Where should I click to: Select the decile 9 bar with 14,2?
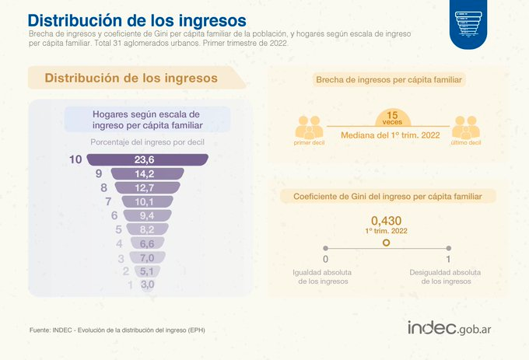(145, 173)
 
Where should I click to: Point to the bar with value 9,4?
(145, 215)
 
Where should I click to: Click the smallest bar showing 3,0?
(146, 285)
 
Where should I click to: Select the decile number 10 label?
(75, 159)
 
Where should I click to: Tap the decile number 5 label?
(119, 229)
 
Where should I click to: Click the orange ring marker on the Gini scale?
(387, 243)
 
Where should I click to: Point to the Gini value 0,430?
(387, 221)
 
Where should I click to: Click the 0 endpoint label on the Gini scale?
(325, 259)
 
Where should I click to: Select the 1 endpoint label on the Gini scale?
(448, 259)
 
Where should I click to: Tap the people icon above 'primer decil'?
(310, 127)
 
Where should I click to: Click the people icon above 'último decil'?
(466, 127)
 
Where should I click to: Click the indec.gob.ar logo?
(454, 328)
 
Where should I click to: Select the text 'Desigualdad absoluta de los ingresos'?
(446, 277)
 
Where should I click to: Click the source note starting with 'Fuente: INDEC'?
(117, 330)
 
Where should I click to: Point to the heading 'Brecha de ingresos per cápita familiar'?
(387, 80)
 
